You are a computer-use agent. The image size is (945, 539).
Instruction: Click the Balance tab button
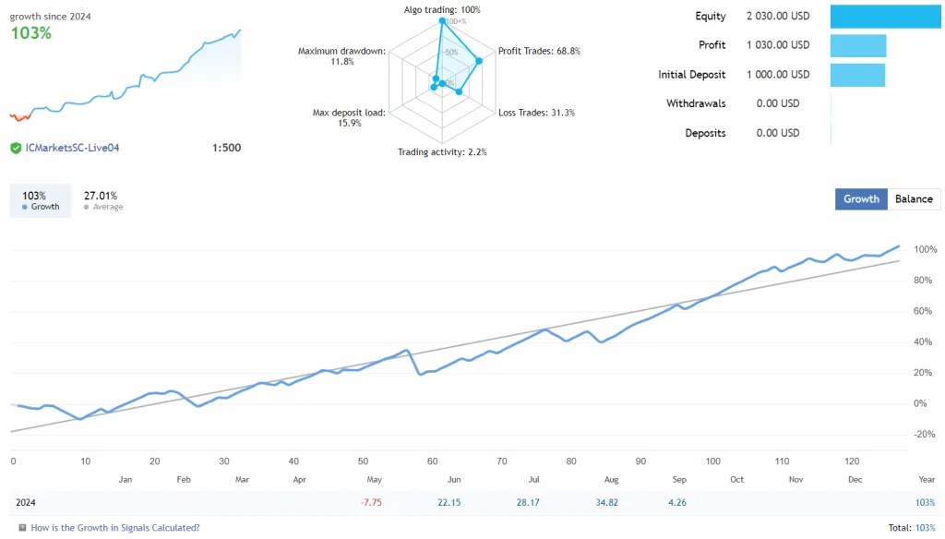[914, 198]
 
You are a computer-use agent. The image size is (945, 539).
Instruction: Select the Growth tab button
[861, 198]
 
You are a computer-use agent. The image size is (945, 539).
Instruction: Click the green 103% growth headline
[31, 33]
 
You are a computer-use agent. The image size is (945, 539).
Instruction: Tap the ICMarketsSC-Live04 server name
[73, 148]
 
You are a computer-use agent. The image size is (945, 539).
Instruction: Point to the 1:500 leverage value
[226, 148]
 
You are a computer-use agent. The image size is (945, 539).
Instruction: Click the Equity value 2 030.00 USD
[777, 16]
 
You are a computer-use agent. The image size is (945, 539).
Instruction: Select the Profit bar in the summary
[858, 45]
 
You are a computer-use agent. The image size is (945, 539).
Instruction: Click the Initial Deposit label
[691, 75]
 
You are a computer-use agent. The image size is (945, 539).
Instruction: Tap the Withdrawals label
[696, 103]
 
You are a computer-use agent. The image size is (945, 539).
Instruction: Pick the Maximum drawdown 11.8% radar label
[341, 56]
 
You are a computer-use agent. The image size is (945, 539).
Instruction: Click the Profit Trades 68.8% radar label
[539, 52]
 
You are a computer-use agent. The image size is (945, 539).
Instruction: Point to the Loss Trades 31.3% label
[536, 113]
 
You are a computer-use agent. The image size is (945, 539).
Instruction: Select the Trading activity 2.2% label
[442, 152]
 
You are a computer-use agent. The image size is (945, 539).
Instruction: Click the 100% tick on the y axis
[925, 250]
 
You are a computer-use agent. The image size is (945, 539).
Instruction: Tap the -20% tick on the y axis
[925, 435]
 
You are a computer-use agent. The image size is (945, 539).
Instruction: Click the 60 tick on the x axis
[433, 461]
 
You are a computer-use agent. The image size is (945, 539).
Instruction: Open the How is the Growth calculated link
[114, 528]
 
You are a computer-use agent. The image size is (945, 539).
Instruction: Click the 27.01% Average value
[101, 196]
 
